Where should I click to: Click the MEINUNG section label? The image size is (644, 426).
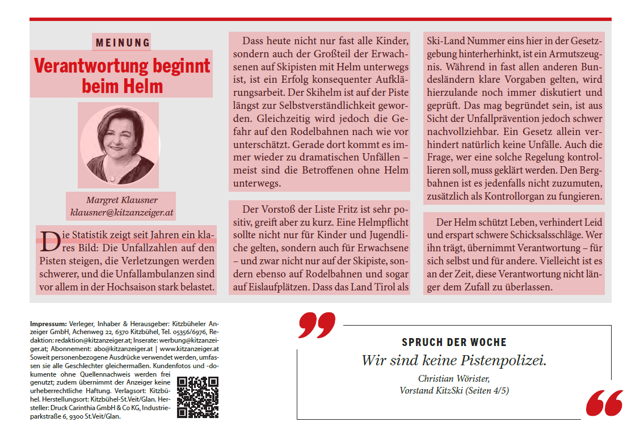[x=123, y=43]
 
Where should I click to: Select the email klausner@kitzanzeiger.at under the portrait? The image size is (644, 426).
[x=121, y=213]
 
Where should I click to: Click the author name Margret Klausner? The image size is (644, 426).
[x=121, y=200]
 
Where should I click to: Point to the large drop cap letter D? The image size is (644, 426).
[x=50, y=241]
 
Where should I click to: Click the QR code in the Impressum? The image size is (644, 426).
[x=197, y=397]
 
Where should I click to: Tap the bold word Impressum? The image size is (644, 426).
[x=48, y=323]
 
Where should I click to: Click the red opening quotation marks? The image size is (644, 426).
[x=317, y=324]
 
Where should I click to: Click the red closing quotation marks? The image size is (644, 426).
[x=604, y=403]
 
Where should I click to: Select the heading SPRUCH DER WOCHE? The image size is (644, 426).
[x=454, y=343]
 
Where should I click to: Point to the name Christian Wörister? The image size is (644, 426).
[x=453, y=379]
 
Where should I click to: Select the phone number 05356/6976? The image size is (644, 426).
[x=191, y=332]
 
